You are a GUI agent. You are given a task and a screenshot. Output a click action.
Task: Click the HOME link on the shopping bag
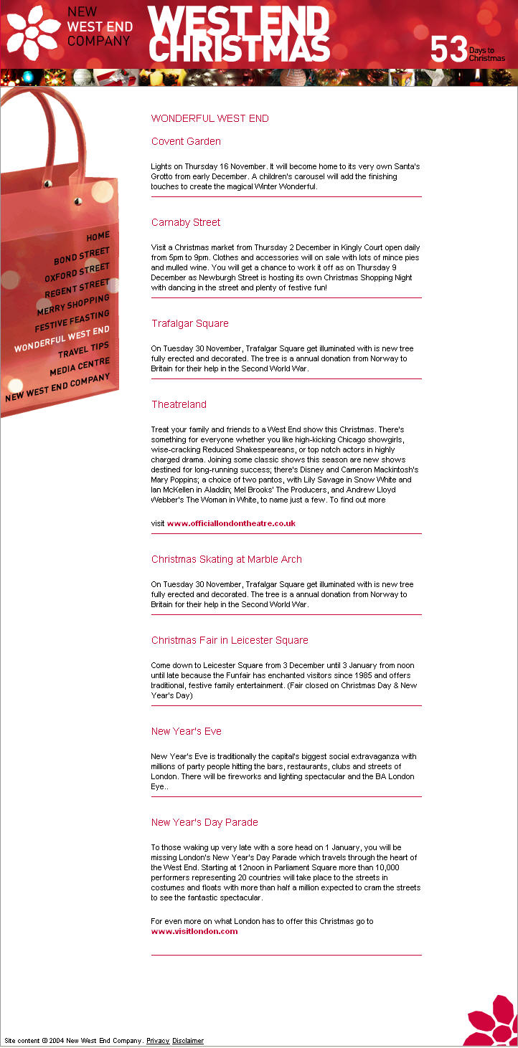(98, 236)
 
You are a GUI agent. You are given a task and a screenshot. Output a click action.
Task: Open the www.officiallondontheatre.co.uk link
(231, 523)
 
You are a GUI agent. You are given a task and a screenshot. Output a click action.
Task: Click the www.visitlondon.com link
(194, 931)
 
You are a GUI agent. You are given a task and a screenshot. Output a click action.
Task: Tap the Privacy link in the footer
(158, 1041)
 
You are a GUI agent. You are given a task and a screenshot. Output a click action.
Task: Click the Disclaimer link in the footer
(188, 1041)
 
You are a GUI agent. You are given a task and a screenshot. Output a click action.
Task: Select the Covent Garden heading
(186, 141)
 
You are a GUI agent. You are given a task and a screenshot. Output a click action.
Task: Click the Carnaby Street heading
(186, 222)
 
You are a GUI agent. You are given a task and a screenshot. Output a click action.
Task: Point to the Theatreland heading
(179, 404)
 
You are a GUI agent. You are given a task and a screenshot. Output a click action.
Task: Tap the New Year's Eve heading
(187, 731)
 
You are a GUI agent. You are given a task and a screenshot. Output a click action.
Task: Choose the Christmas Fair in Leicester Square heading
(230, 640)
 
